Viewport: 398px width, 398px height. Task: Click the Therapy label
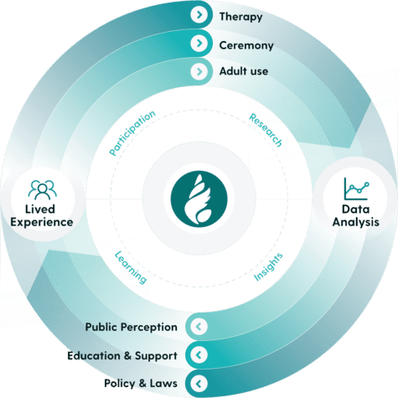pos(240,17)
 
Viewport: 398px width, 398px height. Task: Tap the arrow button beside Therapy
pos(199,14)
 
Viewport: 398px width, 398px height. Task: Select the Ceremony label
pos(246,45)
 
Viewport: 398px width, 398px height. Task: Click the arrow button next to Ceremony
pos(199,43)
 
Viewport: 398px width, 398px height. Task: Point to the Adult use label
pos(244,71)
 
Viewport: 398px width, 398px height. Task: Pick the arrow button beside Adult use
pos(199,71)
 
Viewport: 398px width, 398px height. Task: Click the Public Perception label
pos(131,327)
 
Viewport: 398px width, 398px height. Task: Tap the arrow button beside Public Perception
pos(199,327)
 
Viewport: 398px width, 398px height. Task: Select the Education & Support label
pos(122,356)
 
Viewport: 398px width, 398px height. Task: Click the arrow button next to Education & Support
pos(199,355)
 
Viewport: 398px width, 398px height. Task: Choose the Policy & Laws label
pos(141,383)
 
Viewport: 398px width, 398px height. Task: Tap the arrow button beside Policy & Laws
pos(199,384)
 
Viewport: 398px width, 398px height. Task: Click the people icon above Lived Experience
pos(42,190)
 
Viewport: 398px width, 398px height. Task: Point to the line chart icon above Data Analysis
pos(356,189)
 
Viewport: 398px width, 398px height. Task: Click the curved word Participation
pos(132,132)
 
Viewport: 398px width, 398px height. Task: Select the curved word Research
pos(266,130)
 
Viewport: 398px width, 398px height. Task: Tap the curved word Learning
pos(131,267)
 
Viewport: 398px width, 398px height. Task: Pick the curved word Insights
pos(268,266)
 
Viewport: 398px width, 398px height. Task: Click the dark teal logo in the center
pos(199,199)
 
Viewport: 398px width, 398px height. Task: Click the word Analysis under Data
pos(356,223)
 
